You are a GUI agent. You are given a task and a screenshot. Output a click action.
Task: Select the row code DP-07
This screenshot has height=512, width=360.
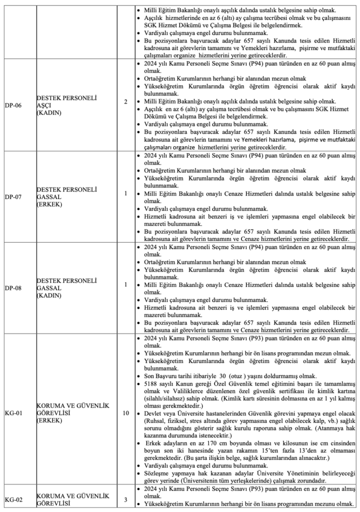point(12,192)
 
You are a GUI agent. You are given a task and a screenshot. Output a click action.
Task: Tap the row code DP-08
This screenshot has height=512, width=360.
point(12,288)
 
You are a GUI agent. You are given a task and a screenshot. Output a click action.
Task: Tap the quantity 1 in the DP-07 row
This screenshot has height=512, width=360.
point(125,192)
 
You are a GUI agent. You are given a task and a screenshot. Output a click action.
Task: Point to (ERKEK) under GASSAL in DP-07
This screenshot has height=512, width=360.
point(49,199)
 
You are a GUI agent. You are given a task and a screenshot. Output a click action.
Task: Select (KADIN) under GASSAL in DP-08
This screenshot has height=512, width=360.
point(49,295)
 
